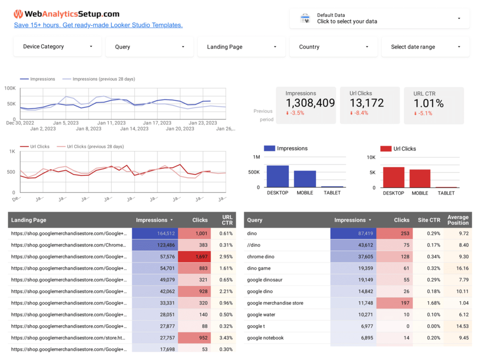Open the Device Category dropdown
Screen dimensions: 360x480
57,47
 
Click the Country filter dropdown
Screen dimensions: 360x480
333,47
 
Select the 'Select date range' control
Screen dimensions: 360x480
426,47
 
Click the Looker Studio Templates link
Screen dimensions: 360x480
98,25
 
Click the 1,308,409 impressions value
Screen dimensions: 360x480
310,103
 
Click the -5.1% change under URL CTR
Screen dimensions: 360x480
424,113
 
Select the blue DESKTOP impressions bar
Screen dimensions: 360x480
277,176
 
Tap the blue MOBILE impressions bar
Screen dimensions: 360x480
305,179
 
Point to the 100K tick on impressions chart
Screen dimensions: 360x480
10,88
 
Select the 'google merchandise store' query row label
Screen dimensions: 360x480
275,303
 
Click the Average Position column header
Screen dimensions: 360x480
458,220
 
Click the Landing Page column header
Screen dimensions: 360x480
29,220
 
